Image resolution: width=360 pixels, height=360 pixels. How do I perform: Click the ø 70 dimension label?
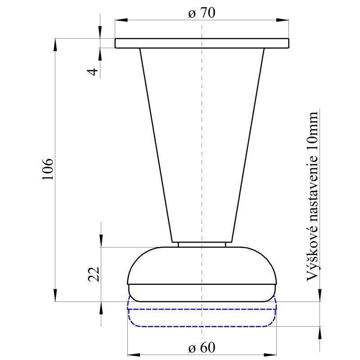(202, 13)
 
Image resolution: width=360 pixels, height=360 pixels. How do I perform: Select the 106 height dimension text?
(48, 169)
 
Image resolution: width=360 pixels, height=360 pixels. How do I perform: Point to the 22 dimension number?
(94, 274)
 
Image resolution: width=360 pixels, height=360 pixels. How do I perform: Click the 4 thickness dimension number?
(93, 72)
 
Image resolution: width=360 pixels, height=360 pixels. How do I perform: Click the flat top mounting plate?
(202, 43)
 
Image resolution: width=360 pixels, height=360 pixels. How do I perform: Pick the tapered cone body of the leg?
(202, 145)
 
